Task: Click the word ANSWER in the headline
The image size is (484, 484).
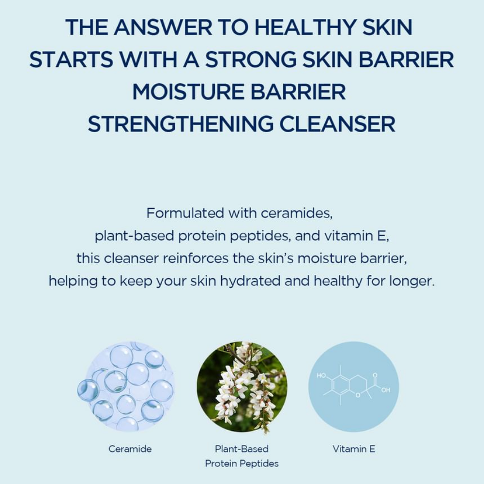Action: pos(163,27)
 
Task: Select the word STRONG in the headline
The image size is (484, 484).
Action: pos(251,59)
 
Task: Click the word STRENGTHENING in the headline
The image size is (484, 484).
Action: pos(181,124)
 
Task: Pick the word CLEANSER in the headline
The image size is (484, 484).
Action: pos(337,124)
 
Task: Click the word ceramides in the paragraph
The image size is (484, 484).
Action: pos(297,213)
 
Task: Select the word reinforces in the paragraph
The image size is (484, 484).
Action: pos(196,258)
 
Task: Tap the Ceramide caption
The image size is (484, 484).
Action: pos(130,449)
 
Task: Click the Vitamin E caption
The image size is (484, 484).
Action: pos(354,449)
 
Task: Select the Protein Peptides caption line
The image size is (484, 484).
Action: pos(242,464)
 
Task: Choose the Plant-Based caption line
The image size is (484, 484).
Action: pos(242,449)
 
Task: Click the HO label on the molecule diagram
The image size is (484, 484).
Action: pos(321,376)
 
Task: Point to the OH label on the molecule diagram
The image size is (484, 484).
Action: pos(386,390)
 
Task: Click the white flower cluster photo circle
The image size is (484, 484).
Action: pos(242,387)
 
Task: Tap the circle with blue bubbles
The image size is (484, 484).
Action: pos(126,387)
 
